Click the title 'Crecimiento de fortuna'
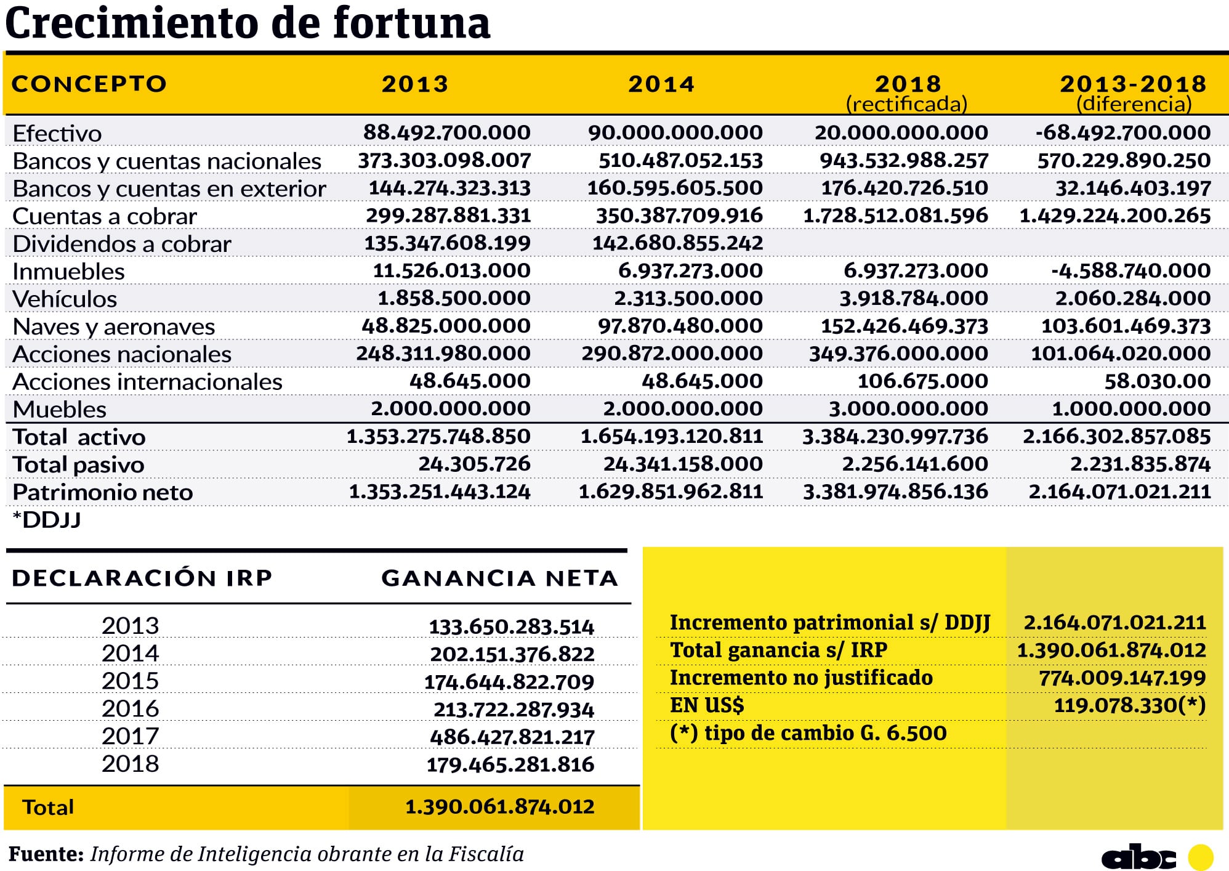[x=247, y=23]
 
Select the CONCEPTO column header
[x=89, y=84]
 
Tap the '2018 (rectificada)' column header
[x=908, y=92]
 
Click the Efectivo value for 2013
[x=446, y=132]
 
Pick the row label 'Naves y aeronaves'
[x=114, y=326]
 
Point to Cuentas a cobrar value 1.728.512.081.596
[x=895, y=216]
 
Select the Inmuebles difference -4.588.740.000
[x=1130, y=270]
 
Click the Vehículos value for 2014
[x=688, y=298]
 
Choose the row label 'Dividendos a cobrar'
[x=122, y=244]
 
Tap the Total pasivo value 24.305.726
[x=474, y=464]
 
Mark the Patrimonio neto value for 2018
[x=895, y=492]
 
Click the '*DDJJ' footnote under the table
[x=47, y=520]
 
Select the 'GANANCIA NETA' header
[x=499, y=578]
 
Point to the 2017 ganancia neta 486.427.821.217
[x=512, y=737]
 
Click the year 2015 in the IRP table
[x=130, y=681]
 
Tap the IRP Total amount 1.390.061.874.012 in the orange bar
[x=499, y=806]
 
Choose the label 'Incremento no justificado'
[x=801, y=678]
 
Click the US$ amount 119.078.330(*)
[x=1129, y=705]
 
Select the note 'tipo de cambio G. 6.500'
[x=808, y=733]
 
